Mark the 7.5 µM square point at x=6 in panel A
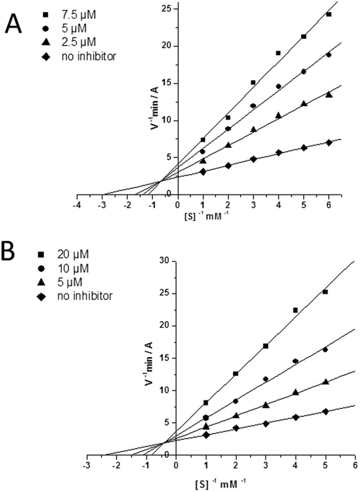[328, 14]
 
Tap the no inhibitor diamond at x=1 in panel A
[203, 171]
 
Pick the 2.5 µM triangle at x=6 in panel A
[328, 94]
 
